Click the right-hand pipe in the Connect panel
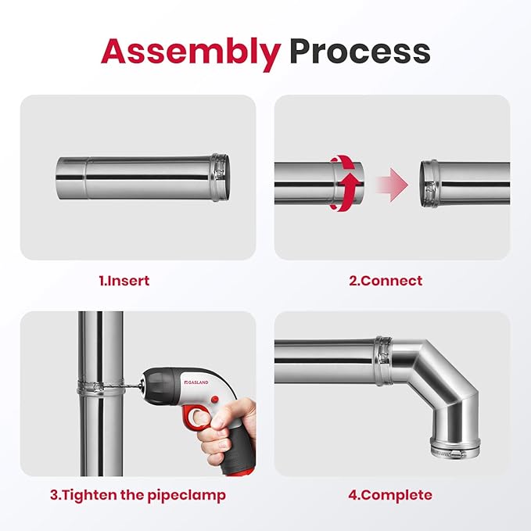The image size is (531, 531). coord(465,184)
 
